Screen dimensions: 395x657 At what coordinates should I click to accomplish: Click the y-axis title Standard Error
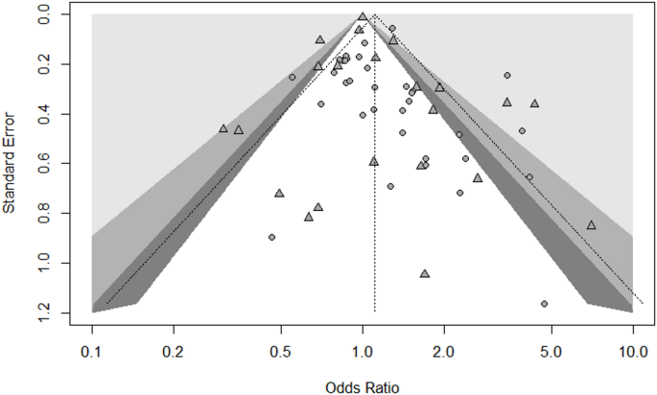tap(11, 163)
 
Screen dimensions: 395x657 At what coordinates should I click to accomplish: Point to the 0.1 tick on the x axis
tap(92, 351)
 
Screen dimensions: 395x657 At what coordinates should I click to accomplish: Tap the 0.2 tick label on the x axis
tap(174, 351)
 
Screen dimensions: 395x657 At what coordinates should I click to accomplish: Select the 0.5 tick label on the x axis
tap(281, 351)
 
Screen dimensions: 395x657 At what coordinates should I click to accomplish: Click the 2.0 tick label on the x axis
tap(444, 351)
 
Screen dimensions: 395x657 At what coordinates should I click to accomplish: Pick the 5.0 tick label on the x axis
tap(551, 351)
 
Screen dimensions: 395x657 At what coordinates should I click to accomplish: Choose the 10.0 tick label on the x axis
tap(632, 351)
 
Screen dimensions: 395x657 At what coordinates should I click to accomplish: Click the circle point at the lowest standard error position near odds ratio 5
tap(544, 304)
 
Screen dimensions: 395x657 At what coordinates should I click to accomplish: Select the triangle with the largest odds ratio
tap(591, 225)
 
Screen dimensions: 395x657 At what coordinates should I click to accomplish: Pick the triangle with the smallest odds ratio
tap(223, 128)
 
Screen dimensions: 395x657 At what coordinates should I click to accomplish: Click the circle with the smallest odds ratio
tap(272, 237)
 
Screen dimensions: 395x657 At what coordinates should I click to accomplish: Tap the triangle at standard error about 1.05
tap(425, 273)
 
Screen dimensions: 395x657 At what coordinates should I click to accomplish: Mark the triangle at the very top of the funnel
tap(363, 16)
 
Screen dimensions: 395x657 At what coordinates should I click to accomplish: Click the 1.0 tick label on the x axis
tap(363, 351)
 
